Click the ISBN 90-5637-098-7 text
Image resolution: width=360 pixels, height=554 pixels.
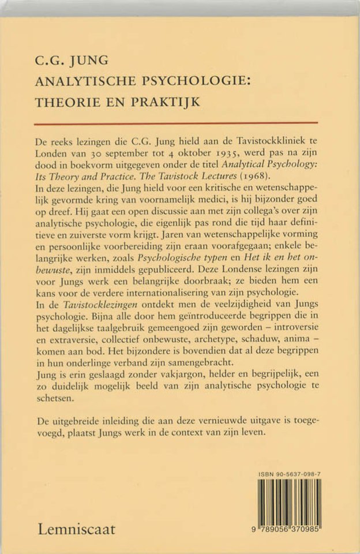pos(289,473)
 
